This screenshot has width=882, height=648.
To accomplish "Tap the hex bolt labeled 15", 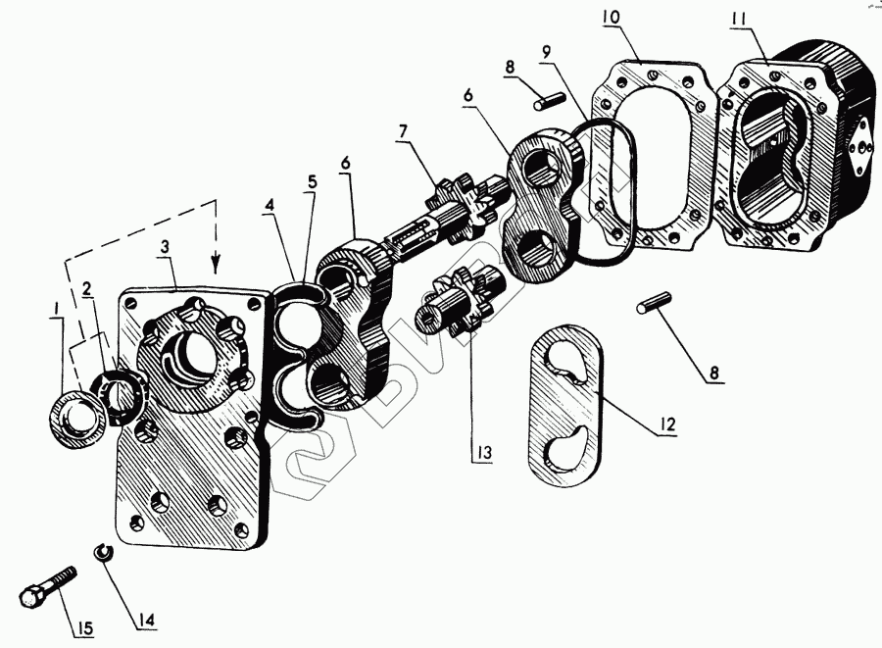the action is (x=46, y=584).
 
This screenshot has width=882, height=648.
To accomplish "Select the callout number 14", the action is (x=145, y=620).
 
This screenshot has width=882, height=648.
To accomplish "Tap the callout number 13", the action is (x=483, y=453).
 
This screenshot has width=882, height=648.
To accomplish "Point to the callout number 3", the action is (x=165, y=247).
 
